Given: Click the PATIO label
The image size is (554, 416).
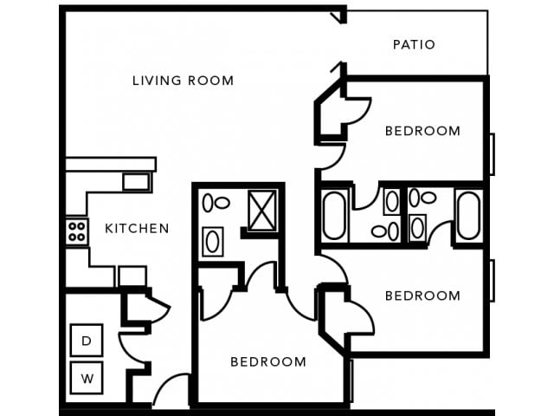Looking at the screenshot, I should tap(413, 44).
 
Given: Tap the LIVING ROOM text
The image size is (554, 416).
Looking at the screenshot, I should tap(183, 81).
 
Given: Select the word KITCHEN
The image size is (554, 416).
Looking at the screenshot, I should tap(137, 229).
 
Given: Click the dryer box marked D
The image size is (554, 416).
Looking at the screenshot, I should tap(87, 341).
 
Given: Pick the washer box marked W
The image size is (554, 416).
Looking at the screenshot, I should tap(87, 378).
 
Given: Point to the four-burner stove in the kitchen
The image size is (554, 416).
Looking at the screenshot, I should tap(76, 231).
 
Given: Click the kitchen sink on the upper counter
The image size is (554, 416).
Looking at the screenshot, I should tap(136, 182).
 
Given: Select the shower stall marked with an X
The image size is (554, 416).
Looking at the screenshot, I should tap(261, 210).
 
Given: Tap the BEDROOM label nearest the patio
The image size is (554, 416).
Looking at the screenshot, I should tap(422, 131).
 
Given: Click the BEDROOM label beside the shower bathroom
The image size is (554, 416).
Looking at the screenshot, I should tap(267, 361).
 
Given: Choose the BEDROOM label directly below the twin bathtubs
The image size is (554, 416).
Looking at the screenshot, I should tap(422, 296).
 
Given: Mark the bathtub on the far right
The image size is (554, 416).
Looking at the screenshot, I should tap(468, 214).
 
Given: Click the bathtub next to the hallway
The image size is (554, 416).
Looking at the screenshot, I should tap(333, 215).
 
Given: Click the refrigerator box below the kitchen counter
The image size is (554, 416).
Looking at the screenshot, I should tap(132, 276).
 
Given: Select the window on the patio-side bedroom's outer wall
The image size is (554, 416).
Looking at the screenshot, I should tap(492, 154).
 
